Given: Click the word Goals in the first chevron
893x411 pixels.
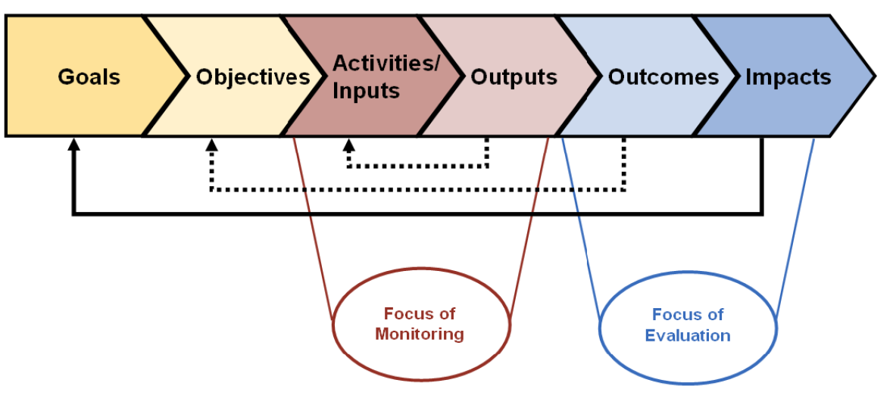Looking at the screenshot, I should point(89,77).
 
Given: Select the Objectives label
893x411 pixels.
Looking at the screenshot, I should point(253,77).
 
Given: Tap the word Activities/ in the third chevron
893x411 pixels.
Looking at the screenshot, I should point(386,63).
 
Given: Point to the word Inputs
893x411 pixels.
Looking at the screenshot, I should point(366,92).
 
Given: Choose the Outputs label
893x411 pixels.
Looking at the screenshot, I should point(514,77).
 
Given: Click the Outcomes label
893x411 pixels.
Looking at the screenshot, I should point(664,77).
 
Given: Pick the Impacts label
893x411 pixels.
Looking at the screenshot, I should point(788,77).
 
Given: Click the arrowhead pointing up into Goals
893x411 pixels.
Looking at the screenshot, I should point(73,144).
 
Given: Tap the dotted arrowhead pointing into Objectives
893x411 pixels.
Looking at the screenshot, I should point(211,144).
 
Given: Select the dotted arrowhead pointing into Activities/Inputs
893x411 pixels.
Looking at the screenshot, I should point(348,144).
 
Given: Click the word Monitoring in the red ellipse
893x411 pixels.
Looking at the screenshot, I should point(420,334).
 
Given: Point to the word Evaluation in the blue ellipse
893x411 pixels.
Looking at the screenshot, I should point(688,335).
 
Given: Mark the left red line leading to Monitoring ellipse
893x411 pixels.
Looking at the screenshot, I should point(312,227).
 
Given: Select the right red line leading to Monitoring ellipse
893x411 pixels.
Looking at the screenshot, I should point(529,227).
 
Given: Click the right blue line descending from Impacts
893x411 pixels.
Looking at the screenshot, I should point(795,227).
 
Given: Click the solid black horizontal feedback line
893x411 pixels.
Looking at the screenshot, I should point(417,215).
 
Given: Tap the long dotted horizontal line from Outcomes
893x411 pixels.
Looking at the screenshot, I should point(417,190).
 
